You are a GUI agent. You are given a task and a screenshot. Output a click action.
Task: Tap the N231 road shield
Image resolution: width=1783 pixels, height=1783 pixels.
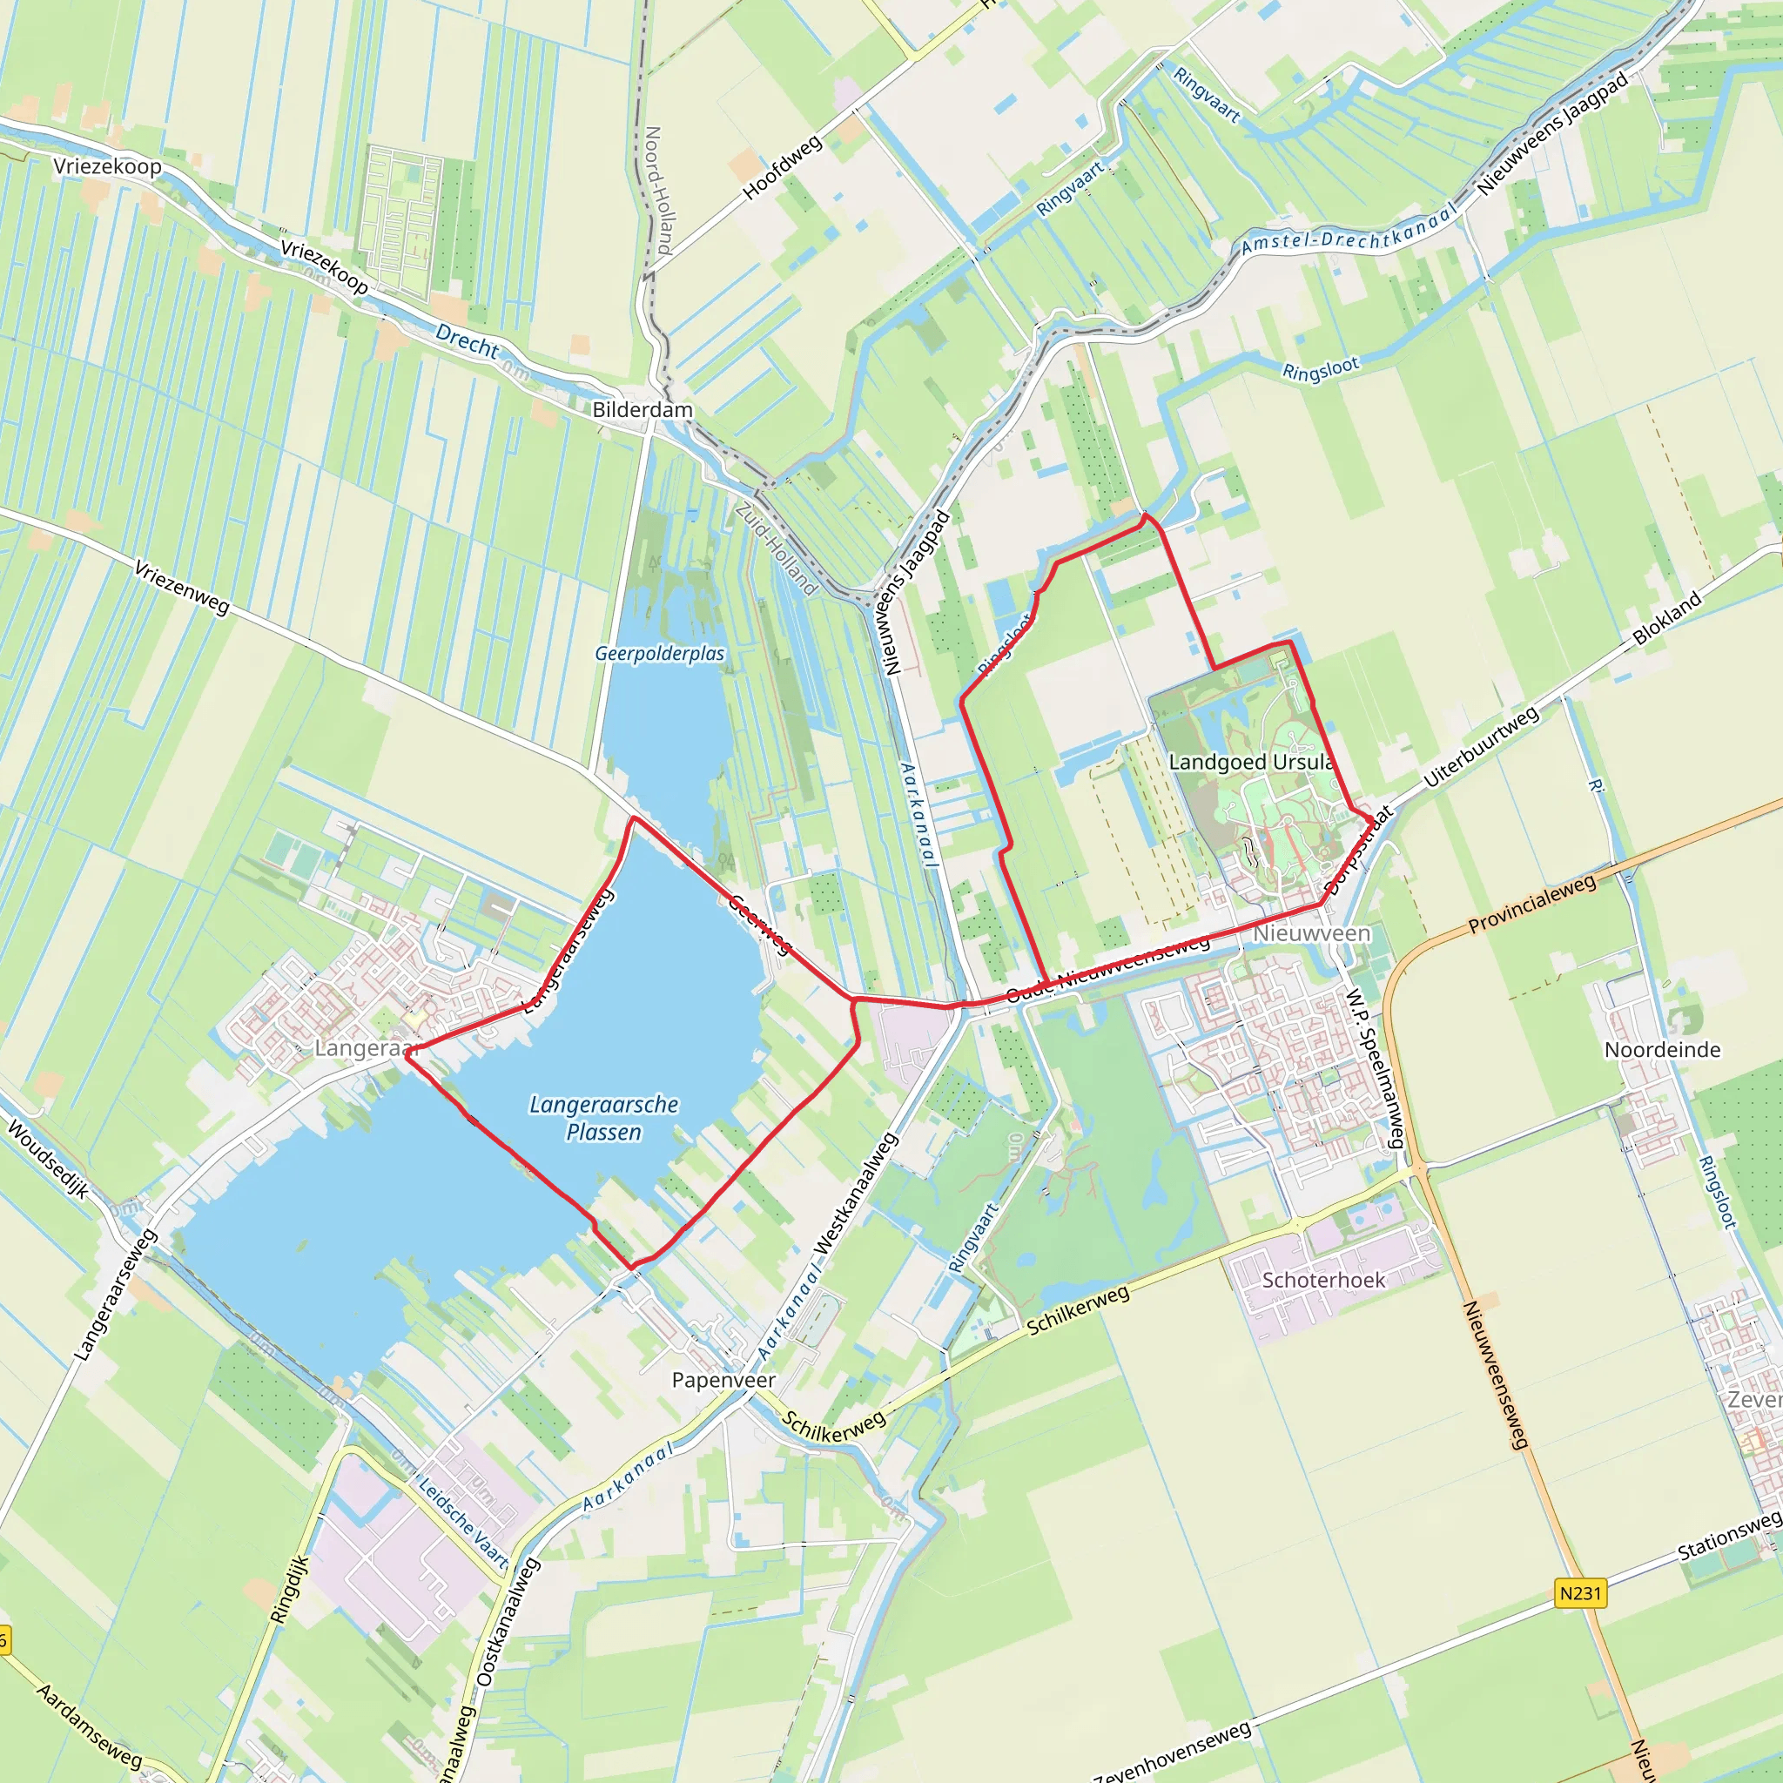click(1580, 1593)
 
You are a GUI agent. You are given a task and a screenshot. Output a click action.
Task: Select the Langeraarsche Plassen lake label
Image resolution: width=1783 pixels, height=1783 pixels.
click(603, 1118)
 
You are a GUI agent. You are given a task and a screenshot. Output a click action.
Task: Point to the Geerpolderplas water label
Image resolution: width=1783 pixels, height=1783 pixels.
click(659, 654)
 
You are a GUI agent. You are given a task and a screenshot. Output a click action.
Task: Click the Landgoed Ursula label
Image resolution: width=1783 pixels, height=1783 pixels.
click(1250, 763)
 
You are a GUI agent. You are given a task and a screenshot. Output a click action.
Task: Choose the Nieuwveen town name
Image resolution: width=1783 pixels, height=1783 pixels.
click(1310, 934)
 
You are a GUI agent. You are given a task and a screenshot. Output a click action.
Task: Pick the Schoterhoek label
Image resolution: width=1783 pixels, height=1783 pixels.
click(1323, 1280)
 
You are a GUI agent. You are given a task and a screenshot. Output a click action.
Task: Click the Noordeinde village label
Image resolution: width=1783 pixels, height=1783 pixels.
click(1662, 1049)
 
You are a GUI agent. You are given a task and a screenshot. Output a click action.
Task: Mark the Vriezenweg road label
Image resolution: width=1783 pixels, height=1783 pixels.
click(182, 587)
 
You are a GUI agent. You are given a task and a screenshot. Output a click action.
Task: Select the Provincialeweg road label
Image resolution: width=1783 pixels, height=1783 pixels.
click(1532, 904)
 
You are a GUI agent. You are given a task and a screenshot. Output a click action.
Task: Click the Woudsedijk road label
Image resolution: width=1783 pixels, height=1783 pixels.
click(48, 1159)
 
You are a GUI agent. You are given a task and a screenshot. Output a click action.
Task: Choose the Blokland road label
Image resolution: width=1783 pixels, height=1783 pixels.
click(1666, 618)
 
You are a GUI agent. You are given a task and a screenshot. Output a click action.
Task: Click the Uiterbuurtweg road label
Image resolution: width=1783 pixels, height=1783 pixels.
click(1481, 747)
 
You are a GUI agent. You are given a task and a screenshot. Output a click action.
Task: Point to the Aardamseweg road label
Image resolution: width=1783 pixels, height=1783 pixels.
click(90, 1724)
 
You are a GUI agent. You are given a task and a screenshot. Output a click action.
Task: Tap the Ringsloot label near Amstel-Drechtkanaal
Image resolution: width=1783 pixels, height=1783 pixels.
click(1321, 370)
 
